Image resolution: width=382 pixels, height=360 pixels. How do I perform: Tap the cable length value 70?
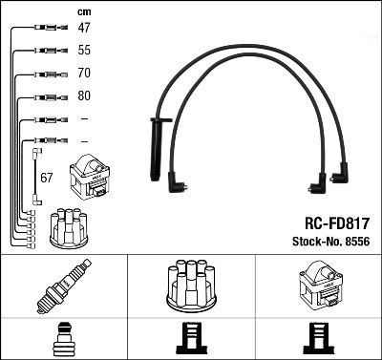click(x=84, y=74)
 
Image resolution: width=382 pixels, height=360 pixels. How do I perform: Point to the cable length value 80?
click(x=84, y=96)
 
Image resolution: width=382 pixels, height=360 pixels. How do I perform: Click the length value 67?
click(x=46, y=178)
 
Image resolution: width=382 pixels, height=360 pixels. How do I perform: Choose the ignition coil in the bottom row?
click(x=318, y=286)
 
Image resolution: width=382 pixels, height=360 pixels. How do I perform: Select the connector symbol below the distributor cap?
click(x=191, y=339)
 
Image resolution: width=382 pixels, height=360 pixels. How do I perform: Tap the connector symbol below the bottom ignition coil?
click(x=318, y=339)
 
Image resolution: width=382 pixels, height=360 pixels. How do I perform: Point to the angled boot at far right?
click(x=340, y=176)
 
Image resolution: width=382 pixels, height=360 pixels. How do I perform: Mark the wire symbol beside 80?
click(x=47, y=96)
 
